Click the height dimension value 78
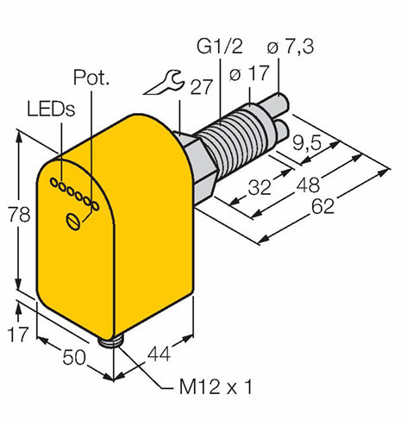[19, 215]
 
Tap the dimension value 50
[74, 357]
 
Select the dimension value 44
[159, 354]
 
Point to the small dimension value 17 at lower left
[18, 334]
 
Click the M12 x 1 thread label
[216, 387]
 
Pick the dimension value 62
[323, 206]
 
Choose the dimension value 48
[308, 185]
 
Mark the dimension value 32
[260, 187]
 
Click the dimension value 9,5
[306, 142]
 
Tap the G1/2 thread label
[220, 46]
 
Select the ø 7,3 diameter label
[291, 47]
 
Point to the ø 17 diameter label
[249, 73]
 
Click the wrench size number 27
[202, 86]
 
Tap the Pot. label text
[91, 77]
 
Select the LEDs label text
[51, 109]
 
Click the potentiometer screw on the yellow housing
[73, 222]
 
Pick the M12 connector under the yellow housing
[109, 341]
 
